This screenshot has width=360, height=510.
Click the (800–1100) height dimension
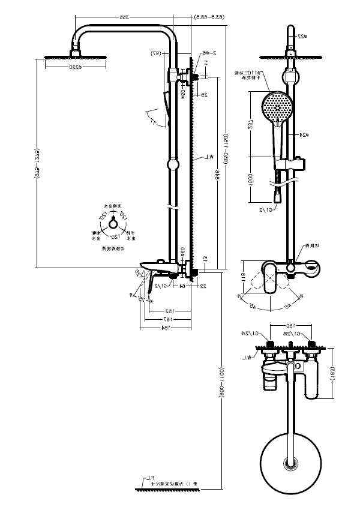click(x=221, y=380)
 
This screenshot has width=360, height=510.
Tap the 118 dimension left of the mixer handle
click(x=244, y=277)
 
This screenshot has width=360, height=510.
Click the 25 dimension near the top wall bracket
click(x=203, y=95)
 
